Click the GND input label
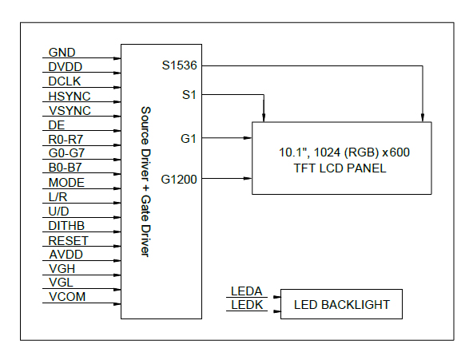pos(62,53)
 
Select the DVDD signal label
pos(65,67)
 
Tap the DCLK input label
pos(65,81)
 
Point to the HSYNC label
pos(68,96)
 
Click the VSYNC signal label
pos(69,110)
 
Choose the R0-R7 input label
pos(66,140)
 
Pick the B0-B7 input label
pos(66,168)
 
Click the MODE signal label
pos(66,183)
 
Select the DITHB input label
pos(66,226)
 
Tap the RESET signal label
pos(68,240)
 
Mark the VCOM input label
pos(66,298)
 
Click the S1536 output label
pos(180,66)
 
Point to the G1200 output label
pos(179,179)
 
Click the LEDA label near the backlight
pos(246,291)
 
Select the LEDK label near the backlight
pos(246,305)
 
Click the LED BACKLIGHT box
pos(341,305)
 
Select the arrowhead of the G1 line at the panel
pos(248,138)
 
